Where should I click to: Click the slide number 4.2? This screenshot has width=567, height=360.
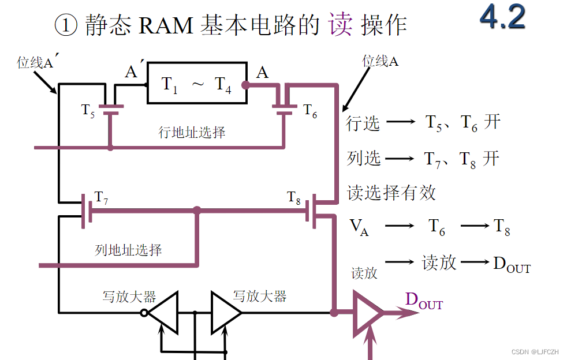502,17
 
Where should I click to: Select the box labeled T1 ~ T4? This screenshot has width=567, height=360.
196,84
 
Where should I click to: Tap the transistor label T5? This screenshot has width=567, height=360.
88,110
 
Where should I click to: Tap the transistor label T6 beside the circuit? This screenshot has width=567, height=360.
310,111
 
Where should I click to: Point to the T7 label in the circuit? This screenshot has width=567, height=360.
102,198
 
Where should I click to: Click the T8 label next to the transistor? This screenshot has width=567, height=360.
294,197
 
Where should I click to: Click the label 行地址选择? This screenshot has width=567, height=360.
192,132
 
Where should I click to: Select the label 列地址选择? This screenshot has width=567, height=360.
128,250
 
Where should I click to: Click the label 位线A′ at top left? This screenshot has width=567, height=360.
35,62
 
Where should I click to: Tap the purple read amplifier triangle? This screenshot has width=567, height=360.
366,313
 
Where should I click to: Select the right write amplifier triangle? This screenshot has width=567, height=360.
224,313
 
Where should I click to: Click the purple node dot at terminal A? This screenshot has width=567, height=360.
245,85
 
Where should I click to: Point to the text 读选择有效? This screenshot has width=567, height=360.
391,192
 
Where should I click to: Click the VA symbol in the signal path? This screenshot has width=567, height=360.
359,226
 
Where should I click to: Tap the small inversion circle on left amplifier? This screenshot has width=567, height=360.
144,313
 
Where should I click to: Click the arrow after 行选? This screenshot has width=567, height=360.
401,122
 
